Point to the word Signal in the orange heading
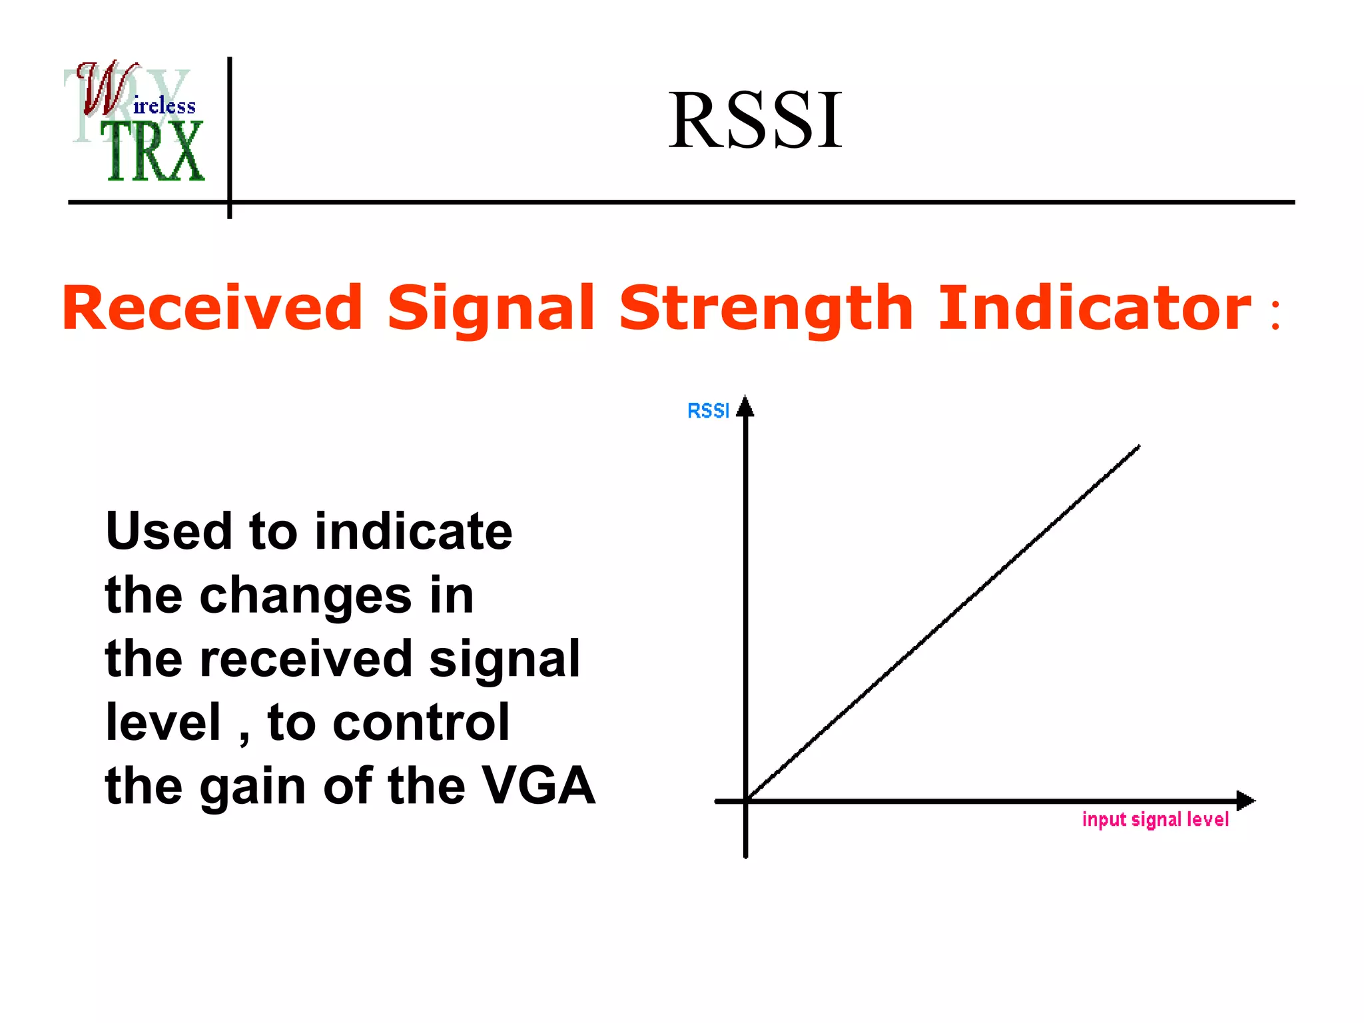click(x=491, y=308)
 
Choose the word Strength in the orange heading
click(x=766, y=308)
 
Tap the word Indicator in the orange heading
click(x=1094, y=308)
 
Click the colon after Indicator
click(x=1275, y=314)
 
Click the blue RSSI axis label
click(x=708, y=411)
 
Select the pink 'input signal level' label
click(x=1155, y=819)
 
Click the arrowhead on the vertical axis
click(x=745, y=406)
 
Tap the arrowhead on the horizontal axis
click(x=1245, y=801)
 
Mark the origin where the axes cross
click(x=746, y=801)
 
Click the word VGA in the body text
click(x=538, y=786)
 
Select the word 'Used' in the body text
click(x=169, y=531)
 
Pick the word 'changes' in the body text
click(x=306, y=595)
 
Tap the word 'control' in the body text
click(x=421, y=723)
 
